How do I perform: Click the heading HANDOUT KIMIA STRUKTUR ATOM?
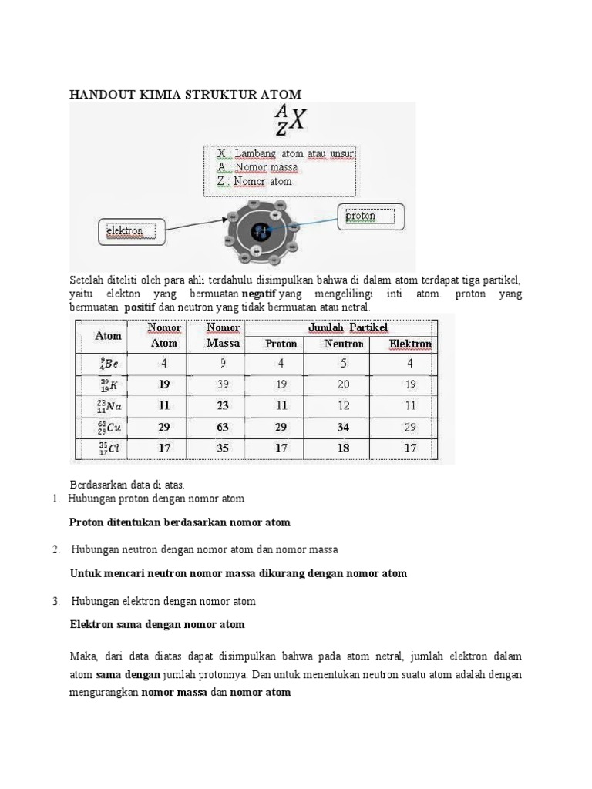click(x=186, y=94)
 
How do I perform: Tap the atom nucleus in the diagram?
click(x=261, y=231)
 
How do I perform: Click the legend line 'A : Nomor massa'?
click(x=257, y=167)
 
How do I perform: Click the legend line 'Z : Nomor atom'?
click(x=254, y=182)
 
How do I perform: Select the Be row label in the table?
click(x=109, y=363)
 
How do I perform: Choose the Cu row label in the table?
click(x=109, y=426)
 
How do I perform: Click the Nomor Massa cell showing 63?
click(x=223, y=426)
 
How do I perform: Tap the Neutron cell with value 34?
click(x=343, y=426)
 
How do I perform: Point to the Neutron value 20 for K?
click(x=343, y=384)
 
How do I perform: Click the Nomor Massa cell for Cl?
click(x=223, y=447)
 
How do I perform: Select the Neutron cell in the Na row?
click(x=343, y=405)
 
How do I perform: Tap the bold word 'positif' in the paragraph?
click(x=140, y=307)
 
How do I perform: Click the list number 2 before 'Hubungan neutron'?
click(x=56, y=549)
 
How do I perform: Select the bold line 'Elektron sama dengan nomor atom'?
click(x=157, y=625)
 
